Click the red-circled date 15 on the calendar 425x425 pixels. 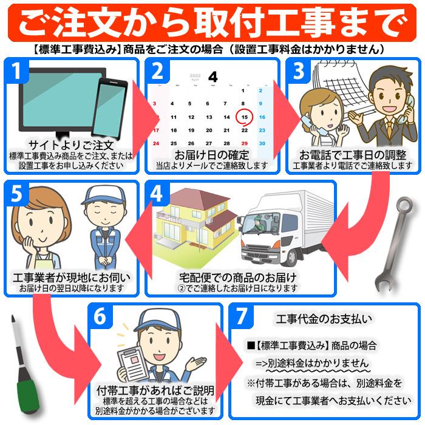click(243, 117)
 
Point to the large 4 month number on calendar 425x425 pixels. click(212, 76)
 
